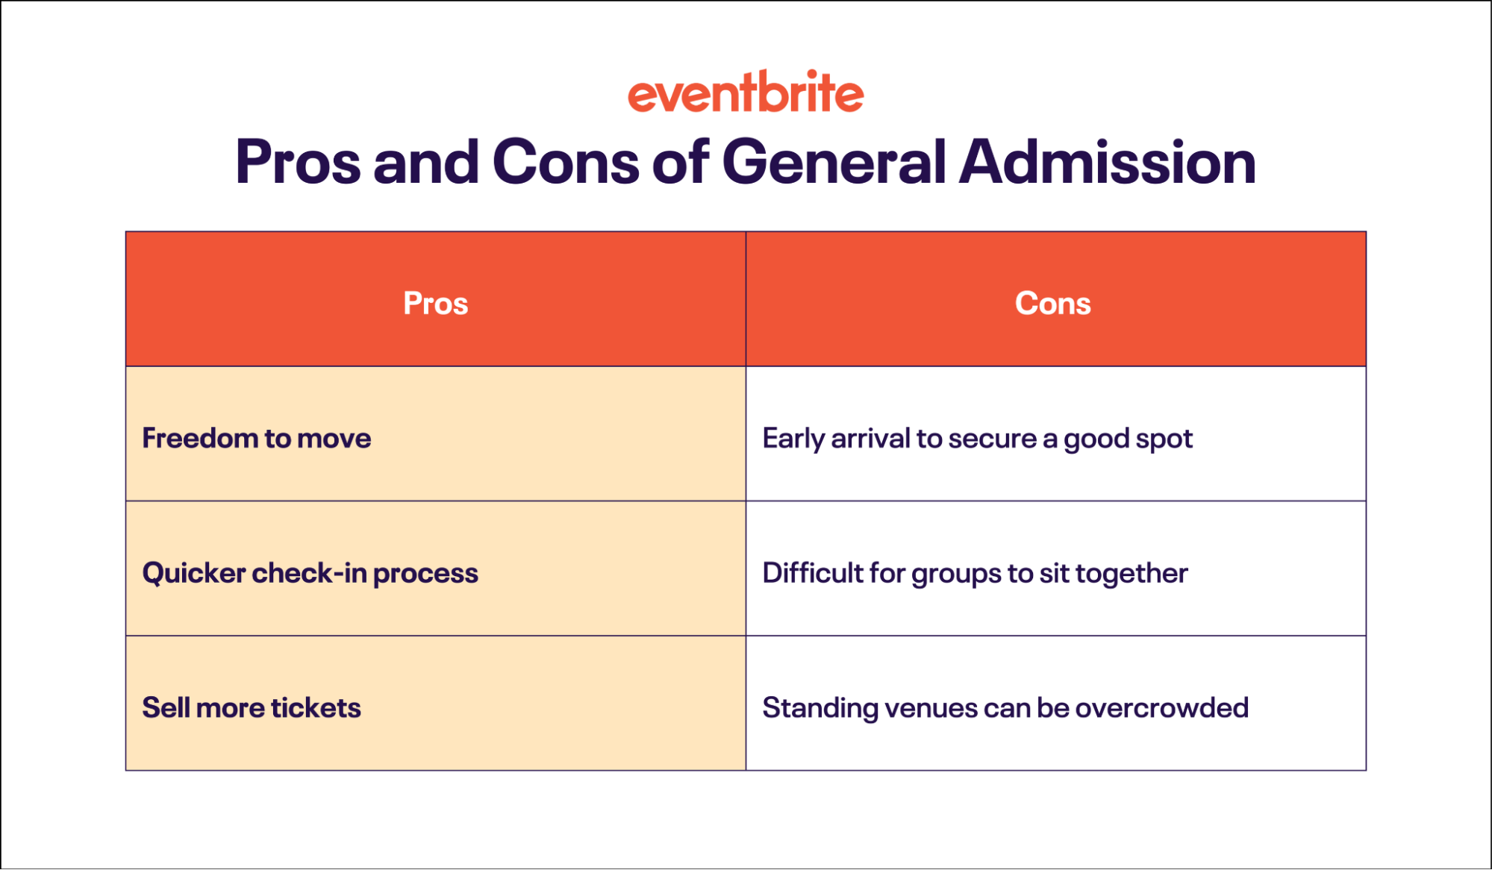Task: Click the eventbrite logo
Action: click(746, 93)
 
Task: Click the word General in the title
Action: click(834, 162)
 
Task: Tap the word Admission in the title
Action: click(1108, 162)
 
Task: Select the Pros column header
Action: click(436, 304)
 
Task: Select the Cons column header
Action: click(1052, 304)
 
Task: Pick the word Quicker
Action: click(194, 573)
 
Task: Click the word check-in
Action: click(309, 573)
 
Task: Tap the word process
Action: click(425, 574)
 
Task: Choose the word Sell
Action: click(165, 707)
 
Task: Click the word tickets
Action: click(316, 707)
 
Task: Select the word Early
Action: click(793, 439)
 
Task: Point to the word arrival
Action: click(871, 438)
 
